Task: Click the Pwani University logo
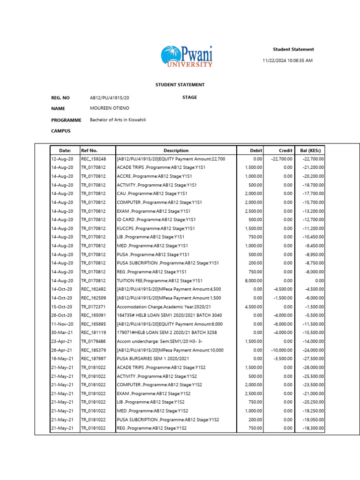(x=187, y=57)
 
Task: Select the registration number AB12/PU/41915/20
(x=109, y=98)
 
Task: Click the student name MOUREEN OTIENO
(x=109, y=108)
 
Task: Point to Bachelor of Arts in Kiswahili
(x=118, y=120)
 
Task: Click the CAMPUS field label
(x=61, y=131)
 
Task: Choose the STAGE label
(x=189, y=97)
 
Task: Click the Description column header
(x=176, y=150)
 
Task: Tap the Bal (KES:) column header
(x=310, y=150)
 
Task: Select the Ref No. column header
(x=89, y=150)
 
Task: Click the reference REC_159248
(x=93, y=159)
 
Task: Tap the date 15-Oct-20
(x=62, y=307)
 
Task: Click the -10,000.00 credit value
(x=280, y=350)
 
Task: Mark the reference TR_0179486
(x=93, y=341)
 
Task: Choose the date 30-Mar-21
(x=62, y=333)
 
